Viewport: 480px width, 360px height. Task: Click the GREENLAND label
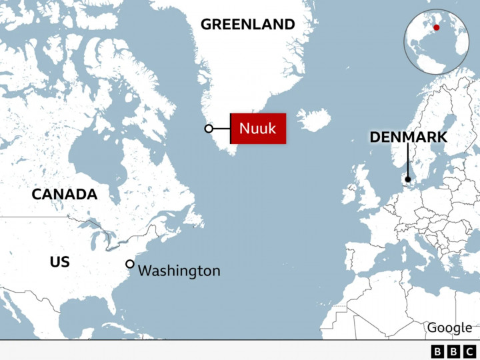(x=247, y=25)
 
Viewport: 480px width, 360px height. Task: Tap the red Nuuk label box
(x=258, y=128)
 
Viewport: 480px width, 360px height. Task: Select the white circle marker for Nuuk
(x=209, y=129)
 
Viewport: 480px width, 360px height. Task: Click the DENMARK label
(x=408, y=138)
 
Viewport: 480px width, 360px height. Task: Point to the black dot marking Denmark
(x=407, y=179)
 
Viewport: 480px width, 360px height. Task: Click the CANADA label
(x=65, y=195)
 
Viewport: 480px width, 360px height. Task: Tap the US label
(x=59, y=262)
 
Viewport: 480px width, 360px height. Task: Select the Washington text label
(x=179, y=271)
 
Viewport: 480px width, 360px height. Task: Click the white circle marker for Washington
(x=129, y=264)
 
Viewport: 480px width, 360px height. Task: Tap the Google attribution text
(x=449, y=327)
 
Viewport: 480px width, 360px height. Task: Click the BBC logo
(x=453, y=351)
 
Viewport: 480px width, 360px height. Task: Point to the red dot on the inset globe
(x=437, y=27)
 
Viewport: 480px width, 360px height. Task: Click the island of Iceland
(x=313, y=121)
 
